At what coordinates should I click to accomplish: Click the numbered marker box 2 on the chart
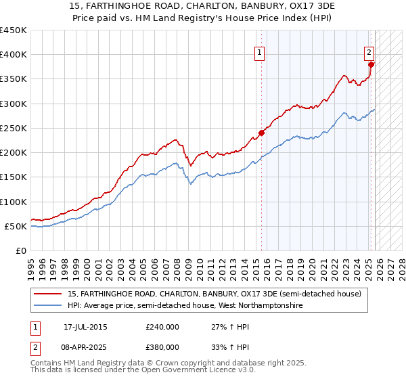pyautogui.click(x=369, y=51)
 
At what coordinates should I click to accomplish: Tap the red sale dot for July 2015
pyautogui.click(x=262, y=133)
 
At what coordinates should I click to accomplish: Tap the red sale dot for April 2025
pyautogui.click(x=371, y=64)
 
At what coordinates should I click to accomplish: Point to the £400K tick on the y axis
pyautogui.click(x=14, y=55)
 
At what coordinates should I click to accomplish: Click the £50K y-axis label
pyautogui.click(x=16, y=226)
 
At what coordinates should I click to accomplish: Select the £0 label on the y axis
pyautogui.click(x=20, y=250)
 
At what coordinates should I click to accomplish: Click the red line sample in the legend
pyautogui.click(x=48, y=294)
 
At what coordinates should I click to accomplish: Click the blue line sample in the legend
pyautogui.click(x=48, y=306)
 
